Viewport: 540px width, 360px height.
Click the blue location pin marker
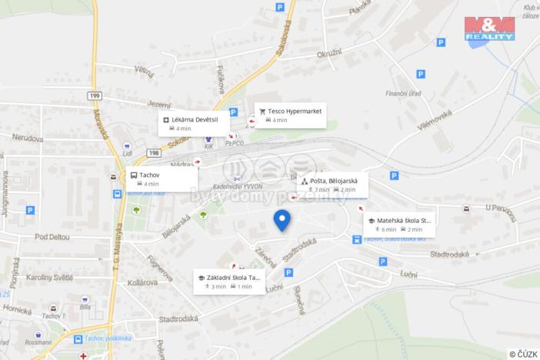(282, 219)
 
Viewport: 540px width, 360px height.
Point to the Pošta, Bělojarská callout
(332, 185)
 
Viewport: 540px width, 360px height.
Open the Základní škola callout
(228, 282)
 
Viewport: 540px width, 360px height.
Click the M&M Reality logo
(489, 27)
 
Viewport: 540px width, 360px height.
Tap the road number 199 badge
(95, 95)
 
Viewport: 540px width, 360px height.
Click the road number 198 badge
(154, 153)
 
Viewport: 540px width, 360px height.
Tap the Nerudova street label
(27, 138)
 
